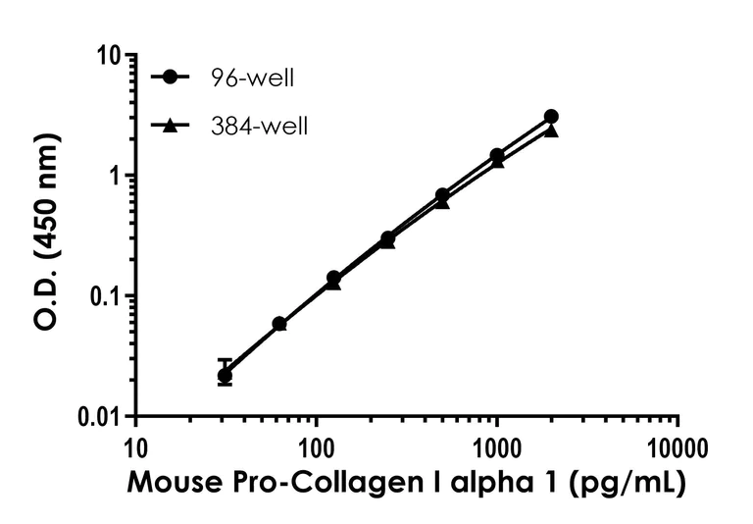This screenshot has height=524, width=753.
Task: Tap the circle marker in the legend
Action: [x=173, y=78]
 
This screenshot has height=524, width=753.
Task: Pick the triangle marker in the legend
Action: [x=173, y=125]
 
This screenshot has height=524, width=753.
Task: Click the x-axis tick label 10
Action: [x=134, y=449]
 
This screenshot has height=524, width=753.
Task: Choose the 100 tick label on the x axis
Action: [x=316, y=449]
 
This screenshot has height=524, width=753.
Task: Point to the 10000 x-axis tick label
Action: [x=678, y=449]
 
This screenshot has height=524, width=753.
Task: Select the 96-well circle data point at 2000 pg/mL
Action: [x=551, y=117]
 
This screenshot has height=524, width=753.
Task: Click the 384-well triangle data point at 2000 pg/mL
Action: [x=551, y=131]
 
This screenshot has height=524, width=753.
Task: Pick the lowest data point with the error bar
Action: [x=225, y=374]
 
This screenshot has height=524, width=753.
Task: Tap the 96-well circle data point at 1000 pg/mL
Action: [x=497, y=155]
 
